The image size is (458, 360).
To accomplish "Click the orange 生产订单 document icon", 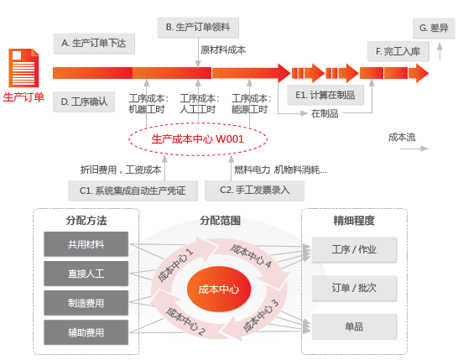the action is [x=23, y=68].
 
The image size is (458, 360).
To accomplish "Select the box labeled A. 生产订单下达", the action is [x=94, y=44].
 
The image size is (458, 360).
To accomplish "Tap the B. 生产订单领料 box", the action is [x=198, y=28].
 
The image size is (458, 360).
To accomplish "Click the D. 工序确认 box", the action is [x=84, y=102].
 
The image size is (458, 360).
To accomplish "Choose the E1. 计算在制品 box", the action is [x=325, y=95].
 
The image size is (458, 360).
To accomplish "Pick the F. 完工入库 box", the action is [x=398, y=51].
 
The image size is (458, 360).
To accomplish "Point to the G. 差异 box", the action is [x=434, y=28].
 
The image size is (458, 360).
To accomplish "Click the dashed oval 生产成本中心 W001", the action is [x=198, y=139].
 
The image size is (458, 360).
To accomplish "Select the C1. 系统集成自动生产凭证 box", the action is [x=133, y=190].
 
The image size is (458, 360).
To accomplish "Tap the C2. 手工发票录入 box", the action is [x=254, y=190].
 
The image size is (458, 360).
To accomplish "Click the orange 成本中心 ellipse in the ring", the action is [x=219, y=290].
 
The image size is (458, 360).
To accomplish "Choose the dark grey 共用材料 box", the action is [x=86, y=244].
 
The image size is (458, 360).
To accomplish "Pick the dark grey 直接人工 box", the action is [x=86, y=274].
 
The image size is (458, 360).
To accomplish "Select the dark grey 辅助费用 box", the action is [x=86, y=332].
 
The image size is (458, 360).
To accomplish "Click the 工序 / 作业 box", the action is [x=354, y=249].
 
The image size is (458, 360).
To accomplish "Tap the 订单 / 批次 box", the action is [x=354, y=288].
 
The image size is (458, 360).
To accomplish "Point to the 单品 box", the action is [x=354, y=326].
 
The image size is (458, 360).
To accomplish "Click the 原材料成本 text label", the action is [x=223, y=50].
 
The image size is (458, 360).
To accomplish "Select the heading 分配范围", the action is [x=221, y=221].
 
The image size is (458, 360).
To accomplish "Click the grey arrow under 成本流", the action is [x=414, y=149].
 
